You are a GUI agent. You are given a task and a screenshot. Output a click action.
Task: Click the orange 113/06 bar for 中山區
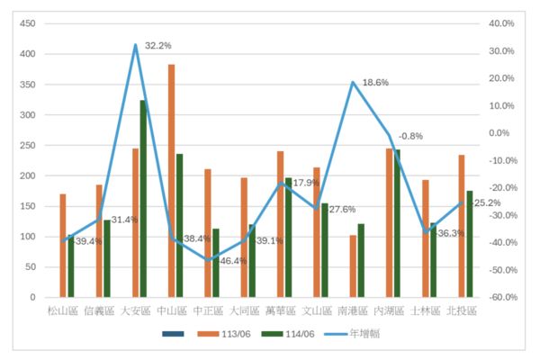coord(171,180)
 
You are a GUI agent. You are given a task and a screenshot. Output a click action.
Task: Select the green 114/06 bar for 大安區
coord(143,198)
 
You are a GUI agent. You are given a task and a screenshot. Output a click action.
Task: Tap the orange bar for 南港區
coord(353,265)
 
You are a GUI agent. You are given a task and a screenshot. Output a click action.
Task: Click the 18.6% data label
coord(375,82)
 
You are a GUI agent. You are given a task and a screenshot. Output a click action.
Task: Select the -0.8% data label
coord(410,136)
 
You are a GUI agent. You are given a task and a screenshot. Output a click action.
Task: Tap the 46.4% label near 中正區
coord(232,260)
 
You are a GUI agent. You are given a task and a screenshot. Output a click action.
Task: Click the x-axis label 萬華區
coord(280,311)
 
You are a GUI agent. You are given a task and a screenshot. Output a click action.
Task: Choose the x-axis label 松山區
coord(63,311)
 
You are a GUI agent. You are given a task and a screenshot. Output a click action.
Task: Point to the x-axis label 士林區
coord(425,311)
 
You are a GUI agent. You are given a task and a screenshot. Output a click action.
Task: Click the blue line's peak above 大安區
coord(135,45)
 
